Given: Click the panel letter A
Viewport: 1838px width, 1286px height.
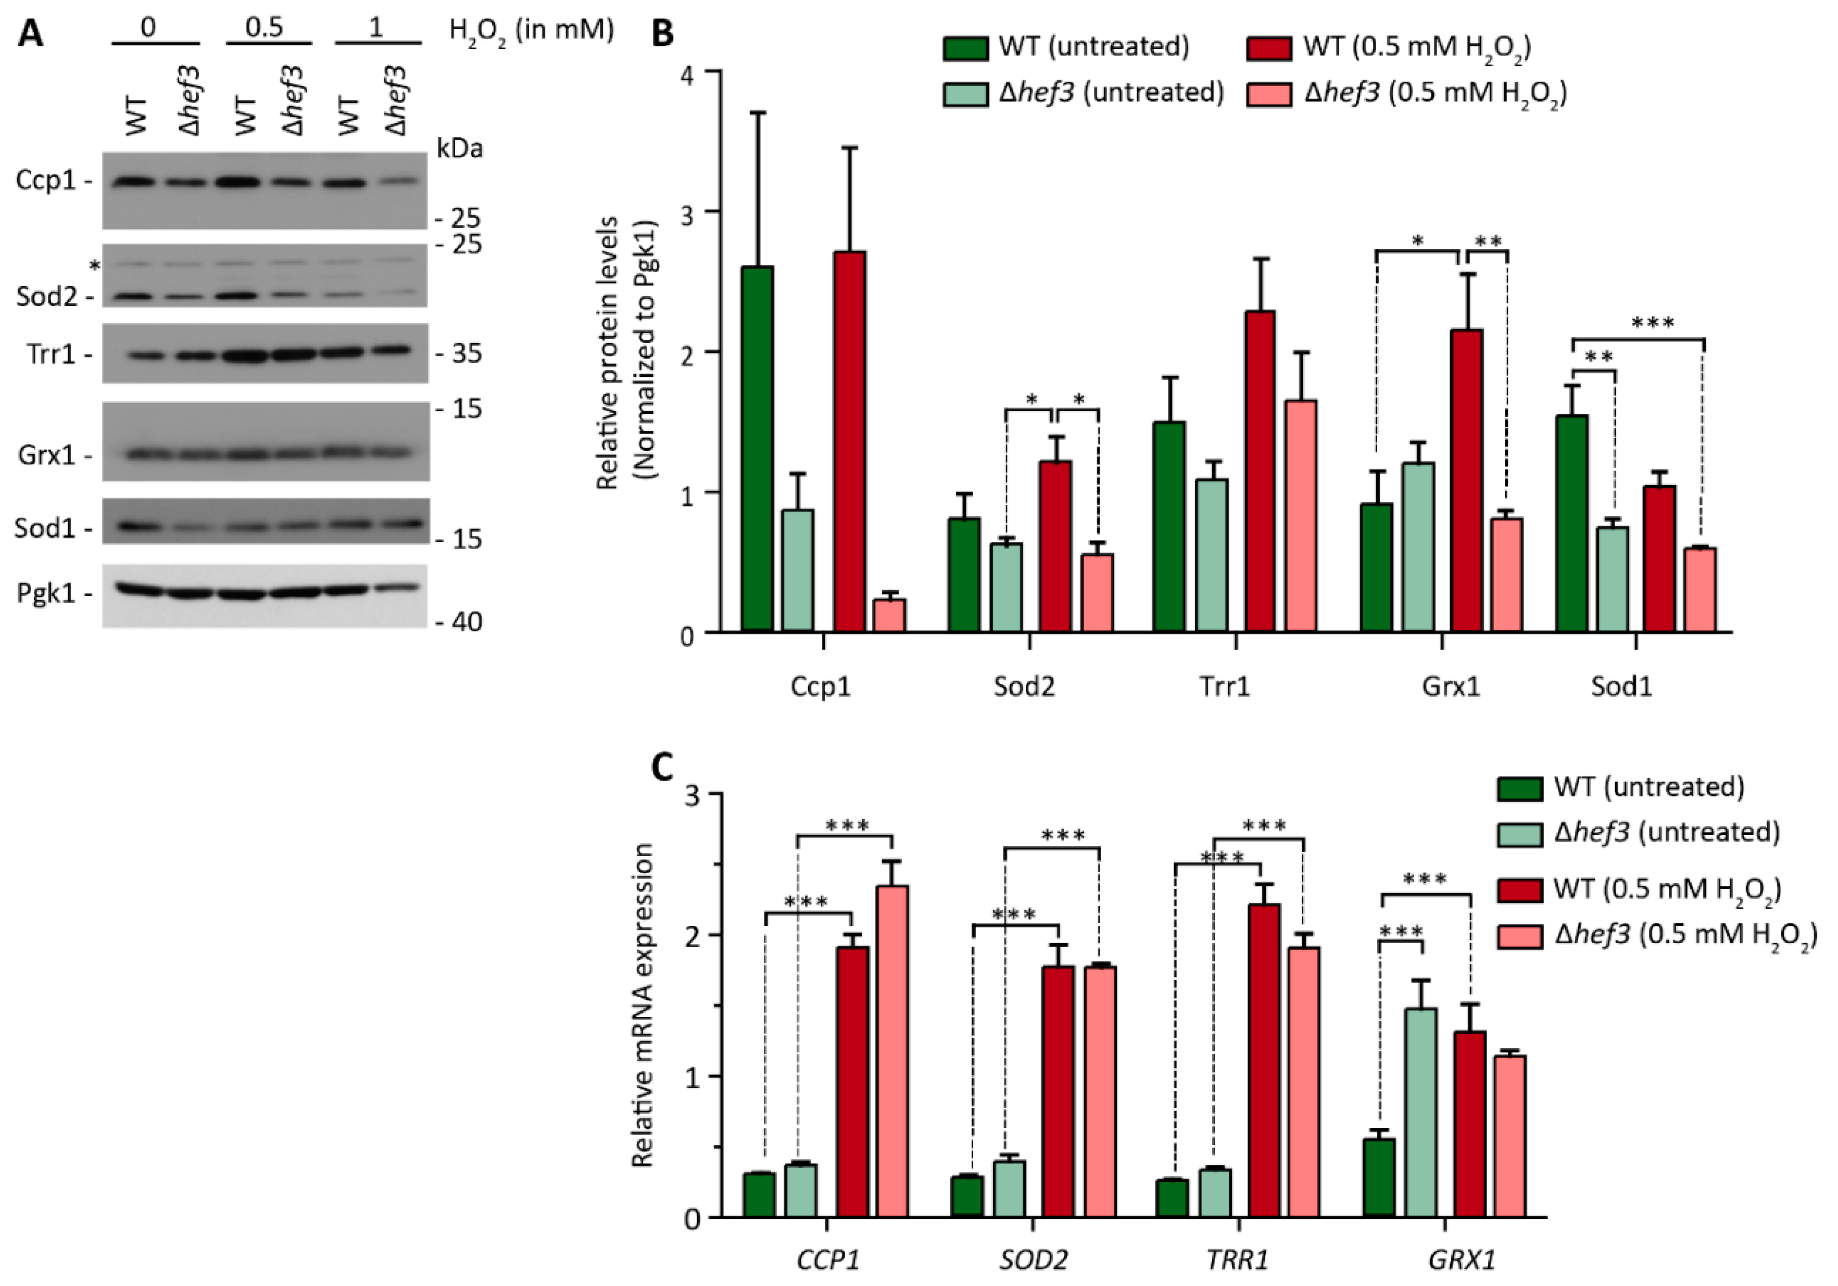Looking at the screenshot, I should coord(30,34).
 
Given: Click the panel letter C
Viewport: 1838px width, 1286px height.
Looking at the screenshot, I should coord(661,768).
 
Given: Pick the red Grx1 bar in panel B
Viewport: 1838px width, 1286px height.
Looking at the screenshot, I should coord(1466,480).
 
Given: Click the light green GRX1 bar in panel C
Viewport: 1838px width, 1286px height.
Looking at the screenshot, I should coord(1421,1112).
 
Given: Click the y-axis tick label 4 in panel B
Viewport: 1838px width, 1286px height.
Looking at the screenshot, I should coord(686,72).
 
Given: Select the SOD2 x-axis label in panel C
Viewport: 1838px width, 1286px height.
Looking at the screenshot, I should coord(1033,1261).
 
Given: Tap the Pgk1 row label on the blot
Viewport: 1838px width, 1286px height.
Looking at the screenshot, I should coord(46,594).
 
